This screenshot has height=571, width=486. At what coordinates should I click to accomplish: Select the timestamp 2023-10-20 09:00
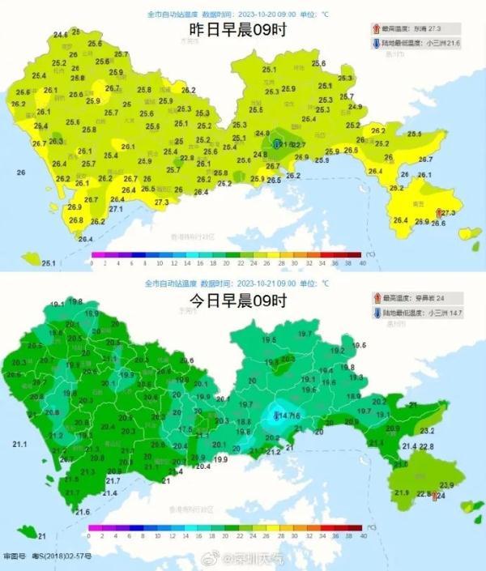pos(268,15)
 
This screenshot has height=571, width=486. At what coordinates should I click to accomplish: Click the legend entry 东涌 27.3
pos(430,27)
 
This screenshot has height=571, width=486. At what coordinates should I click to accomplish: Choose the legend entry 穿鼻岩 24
pos(430,298)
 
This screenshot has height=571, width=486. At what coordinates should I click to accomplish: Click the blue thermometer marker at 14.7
pos(277,416)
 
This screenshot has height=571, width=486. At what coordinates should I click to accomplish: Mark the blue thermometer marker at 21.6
pos(277,144)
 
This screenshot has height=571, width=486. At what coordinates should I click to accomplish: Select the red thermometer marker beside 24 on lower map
pos(436,496)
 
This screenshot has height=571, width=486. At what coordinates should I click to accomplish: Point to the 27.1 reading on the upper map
pos(115,209)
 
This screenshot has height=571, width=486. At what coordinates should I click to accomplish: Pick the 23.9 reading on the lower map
pos(446,484)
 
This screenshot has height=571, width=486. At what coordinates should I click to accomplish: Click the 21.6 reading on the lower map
pos(83,512)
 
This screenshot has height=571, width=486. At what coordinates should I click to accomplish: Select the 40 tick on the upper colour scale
pos(362,263)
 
